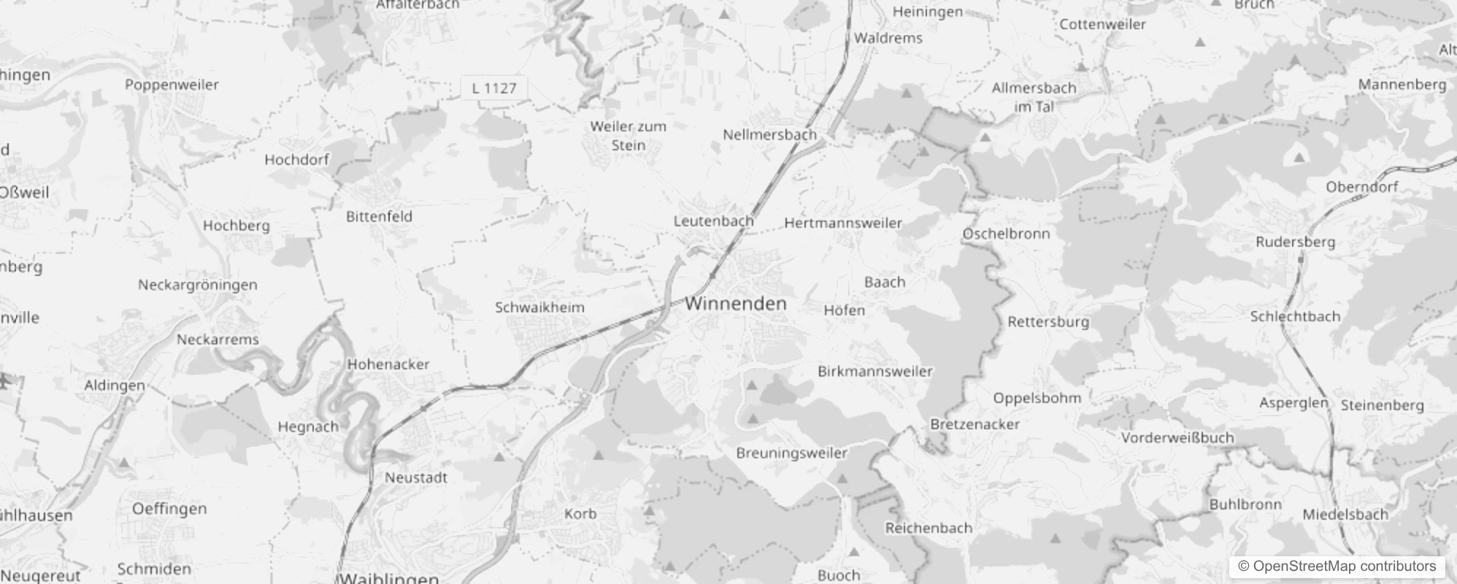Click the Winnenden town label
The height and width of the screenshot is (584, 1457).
click(736, 304)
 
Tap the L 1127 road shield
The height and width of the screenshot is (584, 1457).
click(494, 88)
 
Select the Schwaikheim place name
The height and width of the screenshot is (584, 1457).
click(539, 307)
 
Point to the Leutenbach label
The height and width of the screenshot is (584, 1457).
click(713, 220)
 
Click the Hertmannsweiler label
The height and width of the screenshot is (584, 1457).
click(843, 223)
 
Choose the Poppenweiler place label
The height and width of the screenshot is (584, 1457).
click(172, 85)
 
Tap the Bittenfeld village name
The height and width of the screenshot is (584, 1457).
click(379, 216)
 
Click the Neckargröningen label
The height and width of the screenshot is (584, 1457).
click(198, 285)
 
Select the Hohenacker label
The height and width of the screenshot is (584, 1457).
click(388, 364)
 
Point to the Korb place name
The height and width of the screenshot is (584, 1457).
click(580, 514)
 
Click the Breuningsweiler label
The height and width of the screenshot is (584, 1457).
click(792, 453)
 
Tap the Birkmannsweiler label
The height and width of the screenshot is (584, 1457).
click(875, 371)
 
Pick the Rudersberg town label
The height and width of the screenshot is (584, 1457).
click(1296, 242)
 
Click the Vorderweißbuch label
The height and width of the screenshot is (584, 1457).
click(1177, 437)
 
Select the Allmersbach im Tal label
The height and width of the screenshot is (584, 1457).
click(1034, 97)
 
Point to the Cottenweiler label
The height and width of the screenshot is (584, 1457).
click(1102, 24)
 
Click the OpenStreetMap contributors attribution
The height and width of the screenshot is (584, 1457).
click(1337, 566)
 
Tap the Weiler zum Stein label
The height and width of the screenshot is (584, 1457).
click(628, 136)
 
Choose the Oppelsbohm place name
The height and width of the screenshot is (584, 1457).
click(1037, 398)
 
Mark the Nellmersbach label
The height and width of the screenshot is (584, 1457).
click(769, 134)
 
